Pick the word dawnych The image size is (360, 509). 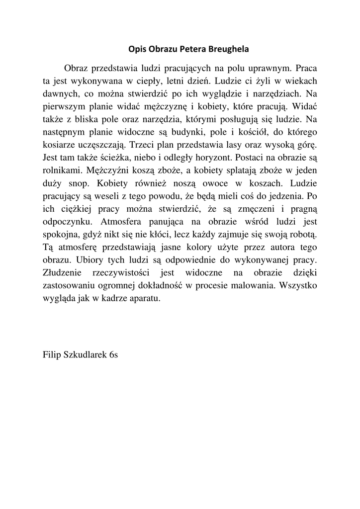pos(58,93)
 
